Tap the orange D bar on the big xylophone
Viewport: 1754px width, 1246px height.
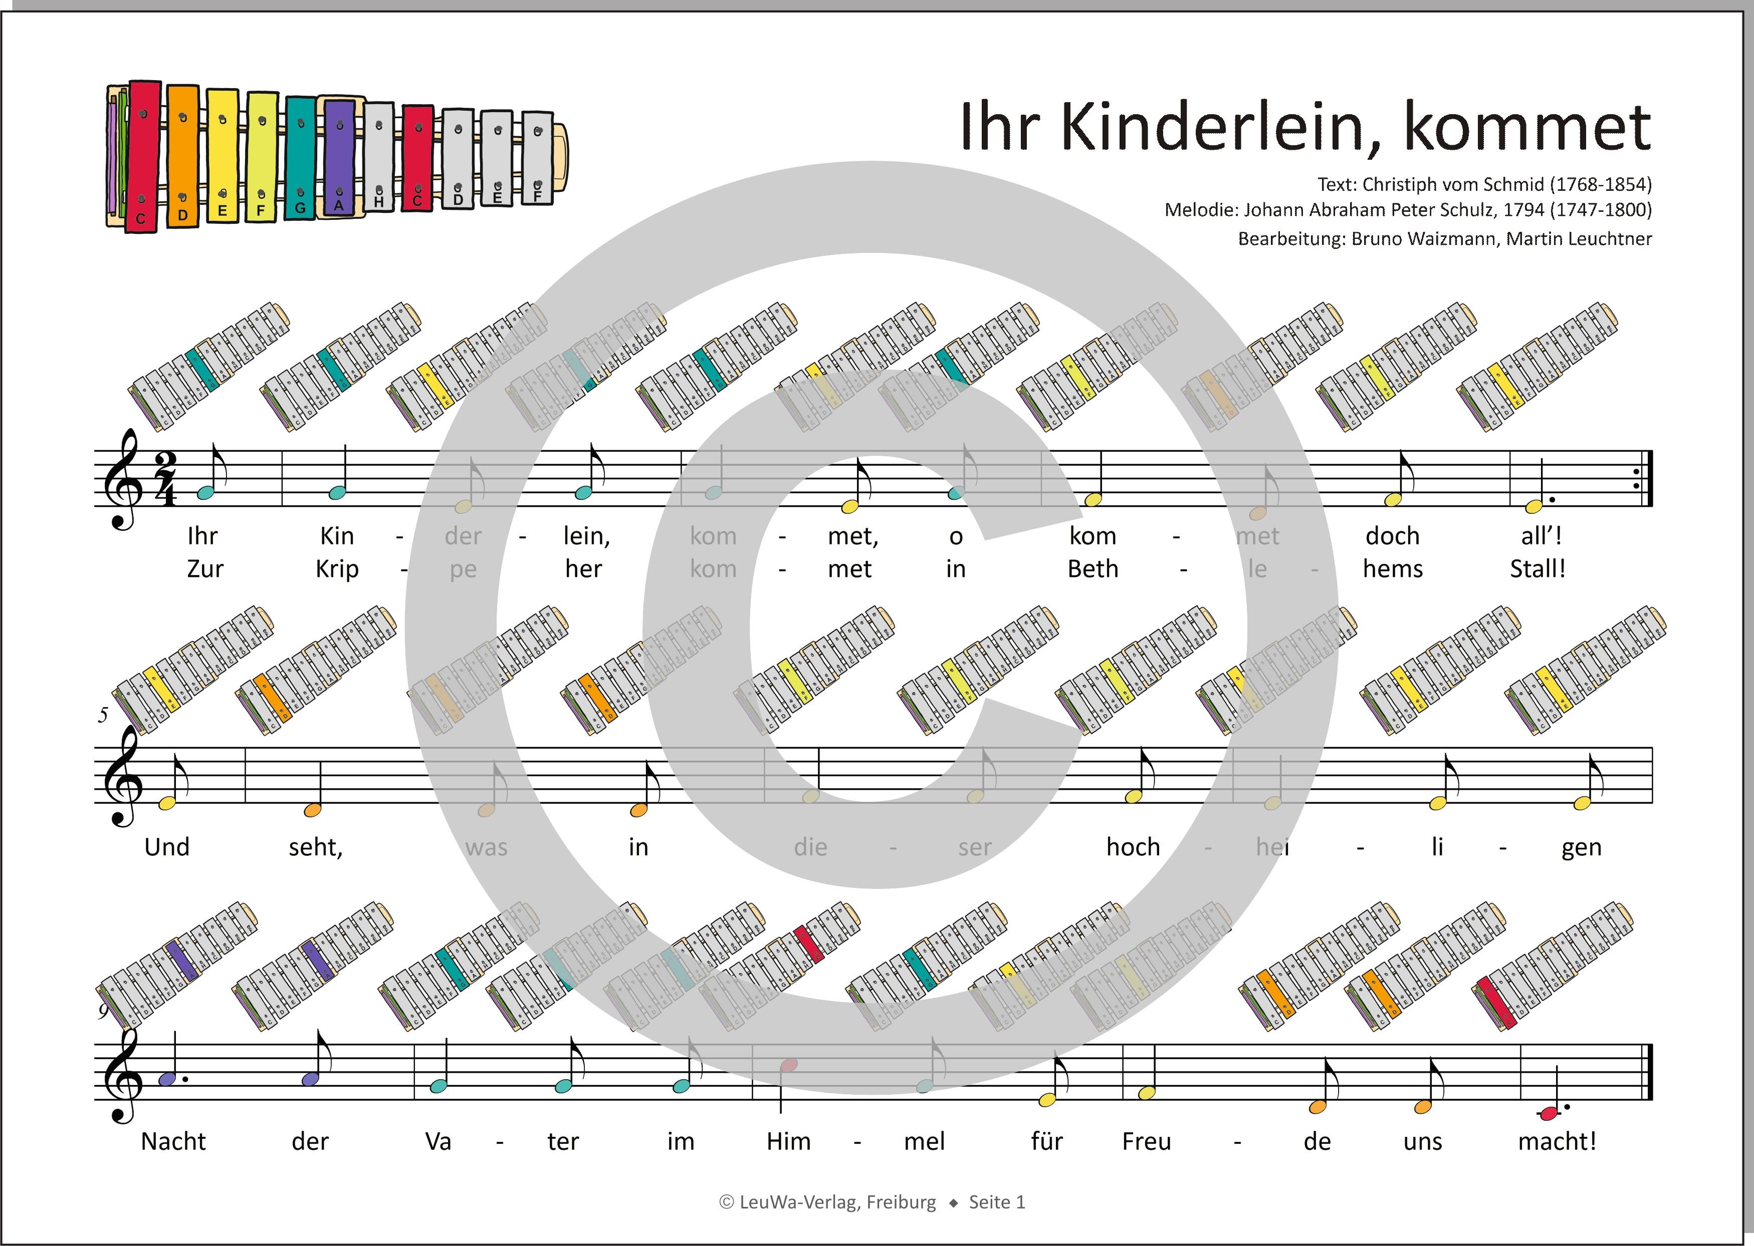click(x=183, y=157)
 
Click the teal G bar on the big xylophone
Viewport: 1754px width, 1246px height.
click(x=300, y=157)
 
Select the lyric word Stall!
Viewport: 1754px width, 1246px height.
click(x=1537, y=569)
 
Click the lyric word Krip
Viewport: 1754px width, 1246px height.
click(x=337, y=569)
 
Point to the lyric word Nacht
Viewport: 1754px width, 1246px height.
click(x=173, y=1142)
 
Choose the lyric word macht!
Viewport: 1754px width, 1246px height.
click(x=1557, y=1142)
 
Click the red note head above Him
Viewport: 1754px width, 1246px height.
click(x=788, y=1065)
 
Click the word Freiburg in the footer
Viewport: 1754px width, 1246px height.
click(x=901, y=1202)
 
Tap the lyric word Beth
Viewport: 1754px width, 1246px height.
click(x=1092, y=569)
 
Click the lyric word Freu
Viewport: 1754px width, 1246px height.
click(x=1146, y=1142)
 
